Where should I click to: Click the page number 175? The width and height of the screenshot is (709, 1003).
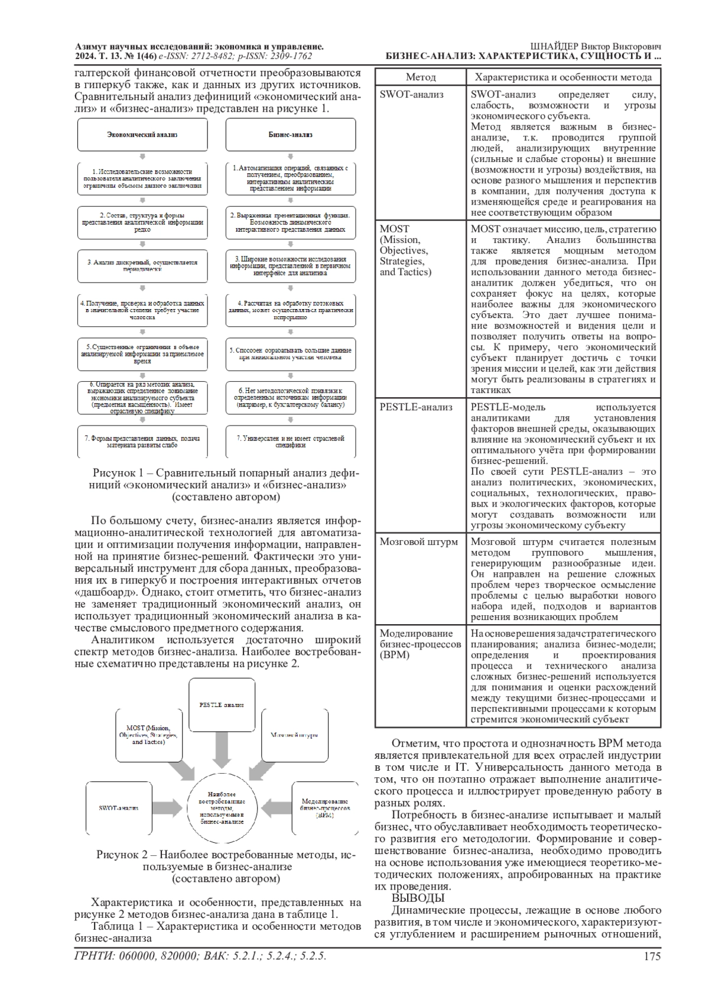(652, 956)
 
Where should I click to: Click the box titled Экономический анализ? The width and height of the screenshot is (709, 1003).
(142, 135)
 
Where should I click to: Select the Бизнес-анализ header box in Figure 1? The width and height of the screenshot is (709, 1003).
(291, 135)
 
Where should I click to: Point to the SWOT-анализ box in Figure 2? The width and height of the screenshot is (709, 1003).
(118, 808)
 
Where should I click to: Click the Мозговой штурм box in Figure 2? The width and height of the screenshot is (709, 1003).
(294, 735)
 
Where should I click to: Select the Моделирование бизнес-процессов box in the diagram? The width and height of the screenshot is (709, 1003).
(325, 808)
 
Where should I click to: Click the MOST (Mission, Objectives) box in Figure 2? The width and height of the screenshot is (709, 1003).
(148, 734)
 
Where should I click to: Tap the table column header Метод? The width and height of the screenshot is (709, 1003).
(421, 77)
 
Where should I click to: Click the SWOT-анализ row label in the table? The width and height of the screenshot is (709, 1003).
(412, 95)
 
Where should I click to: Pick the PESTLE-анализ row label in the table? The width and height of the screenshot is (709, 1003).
(416, 407)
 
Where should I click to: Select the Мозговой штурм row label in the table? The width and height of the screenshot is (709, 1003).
(418, 542)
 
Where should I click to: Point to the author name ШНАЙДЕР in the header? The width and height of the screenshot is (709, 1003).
(555, 47)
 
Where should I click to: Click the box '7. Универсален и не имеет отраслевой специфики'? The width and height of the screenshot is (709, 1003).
(291, 442)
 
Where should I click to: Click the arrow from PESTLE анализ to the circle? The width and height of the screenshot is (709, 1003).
(222, 751)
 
